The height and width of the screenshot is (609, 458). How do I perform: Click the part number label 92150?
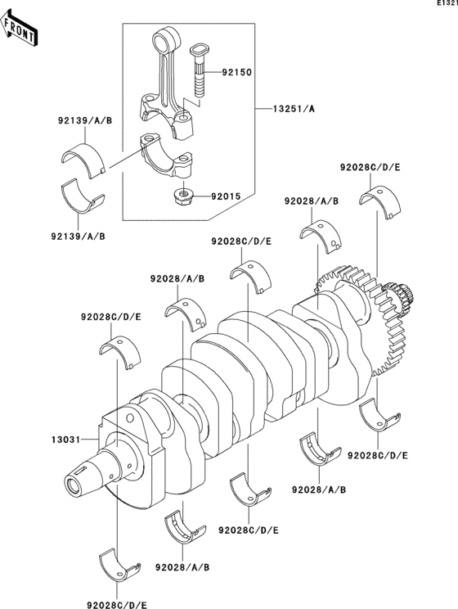[236, 73]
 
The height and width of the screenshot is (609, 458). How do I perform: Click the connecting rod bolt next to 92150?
[200, 69]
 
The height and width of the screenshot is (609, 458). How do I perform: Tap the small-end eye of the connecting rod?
[167, 38]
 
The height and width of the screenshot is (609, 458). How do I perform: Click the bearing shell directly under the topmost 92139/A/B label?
[86, 157]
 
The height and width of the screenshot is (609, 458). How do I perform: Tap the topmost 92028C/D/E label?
[370, 167]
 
